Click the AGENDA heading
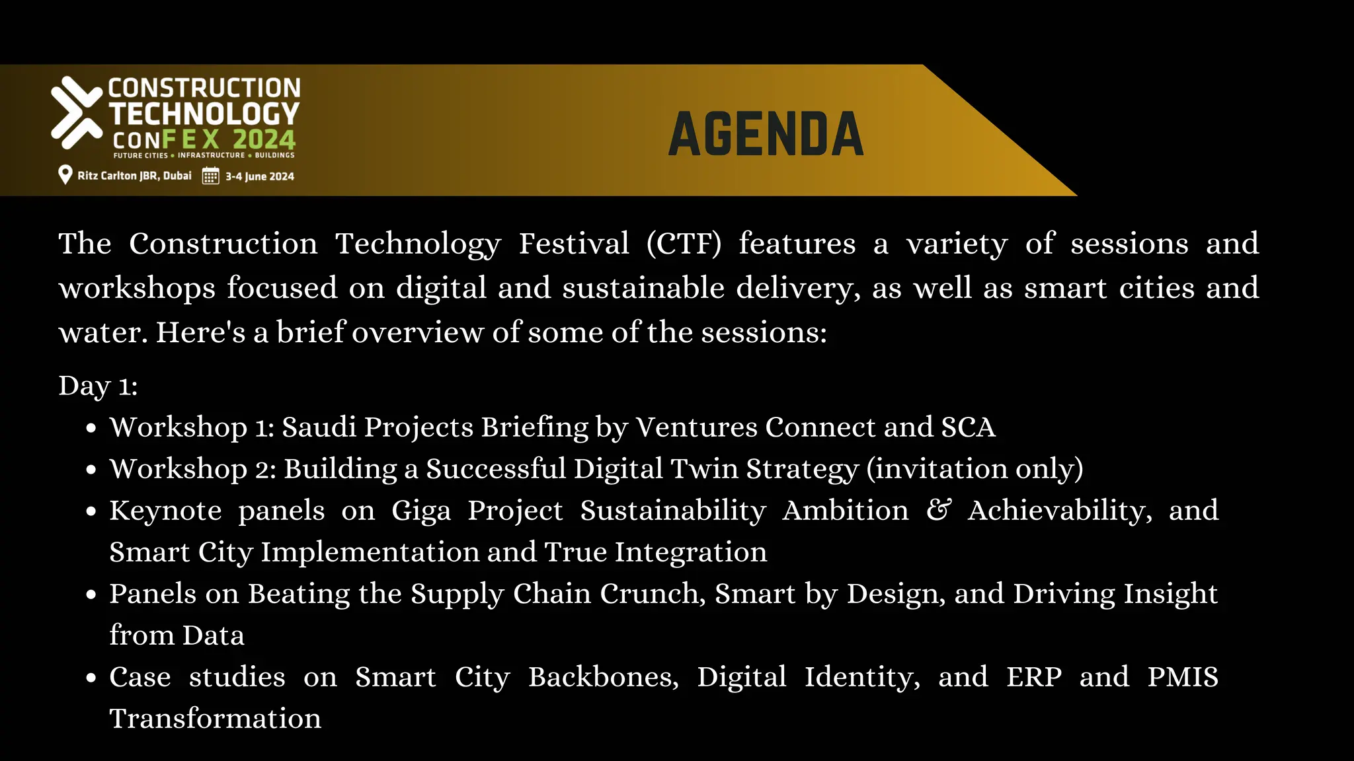pyautogui.click(x=766, y=135)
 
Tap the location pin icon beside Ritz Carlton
pyautogui.click(x=65, y=175)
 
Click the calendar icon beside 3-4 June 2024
pyautogui.click(x=210, y=176)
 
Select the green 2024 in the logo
pyautogui.click(x=264, y=140)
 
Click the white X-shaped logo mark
pyautogui.click(x=76, y=112)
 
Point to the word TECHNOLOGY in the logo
pyautogui.click(x=204, y=114)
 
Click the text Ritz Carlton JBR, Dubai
pyautogui.click(x=134, y=176)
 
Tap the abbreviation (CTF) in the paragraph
pyautogui.click(x=684, y=244)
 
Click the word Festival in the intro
pyautogui.click(x=573, y=244)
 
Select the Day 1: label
pyautogui.click(x=98, y=386)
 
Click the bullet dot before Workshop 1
pyautogui.click(x=92, y=429)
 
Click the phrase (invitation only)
pyautogui.click(x=975, y=469)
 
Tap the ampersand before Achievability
pyautogui.click(x=938, y=510)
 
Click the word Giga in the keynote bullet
pyautogui.click(x=421, y=511)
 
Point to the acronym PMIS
pyautogui.click(x=1182, y=677)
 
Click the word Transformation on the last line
pyautogui.click(x=216, y=719)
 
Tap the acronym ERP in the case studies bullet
pyautogui.click(x=1034, y=677)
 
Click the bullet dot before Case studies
pyautogui.click(x=92, y=678)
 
